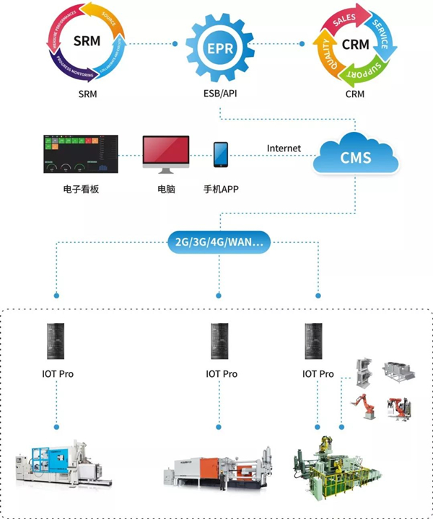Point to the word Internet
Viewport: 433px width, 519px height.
[284, 148]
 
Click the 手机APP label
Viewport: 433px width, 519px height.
[221, 191]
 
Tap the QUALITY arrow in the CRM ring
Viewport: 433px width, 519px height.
[326, 55]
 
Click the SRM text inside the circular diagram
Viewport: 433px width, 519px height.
[87, 42]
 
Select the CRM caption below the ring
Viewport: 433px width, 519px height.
[354, 94]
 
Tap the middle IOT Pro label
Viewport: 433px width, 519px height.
[221, 374]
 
